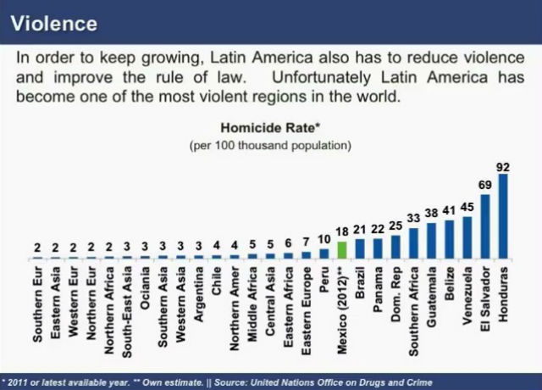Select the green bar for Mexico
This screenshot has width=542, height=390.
tap(342, 250)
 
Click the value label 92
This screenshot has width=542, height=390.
tap(503, 167)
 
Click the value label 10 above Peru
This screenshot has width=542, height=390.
tap(324, 240)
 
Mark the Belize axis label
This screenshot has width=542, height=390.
tap(450, 297)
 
